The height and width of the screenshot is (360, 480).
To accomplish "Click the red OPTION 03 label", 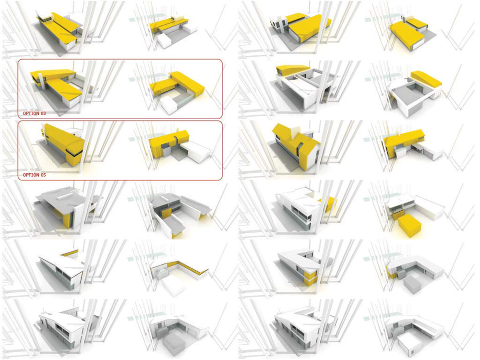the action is [34, 114].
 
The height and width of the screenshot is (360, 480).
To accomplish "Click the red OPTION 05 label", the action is [34, 175].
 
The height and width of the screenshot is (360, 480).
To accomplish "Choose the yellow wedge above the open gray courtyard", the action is [426, 80].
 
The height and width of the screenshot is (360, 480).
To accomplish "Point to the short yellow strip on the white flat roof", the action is [69, 252].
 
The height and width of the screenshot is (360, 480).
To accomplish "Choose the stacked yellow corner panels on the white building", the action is [311, 275].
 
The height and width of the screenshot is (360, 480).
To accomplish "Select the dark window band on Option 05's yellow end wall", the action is [73, 152].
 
